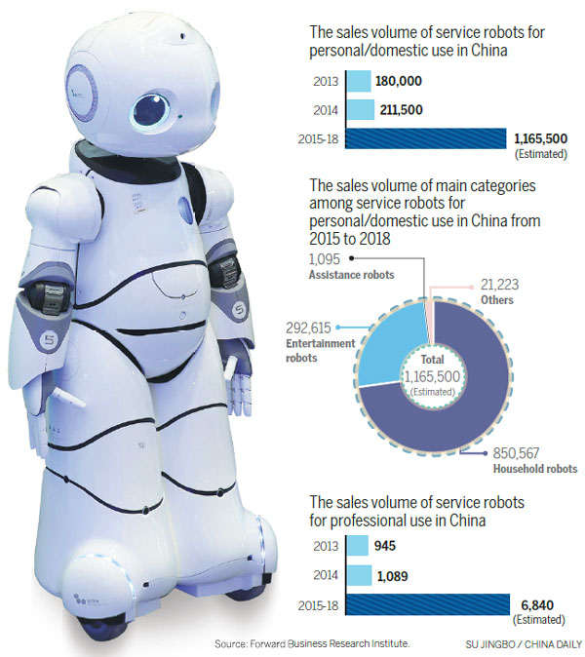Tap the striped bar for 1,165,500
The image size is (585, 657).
coord(425,138)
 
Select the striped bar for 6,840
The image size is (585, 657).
coord(425,606)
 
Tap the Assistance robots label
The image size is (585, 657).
coord(352,275)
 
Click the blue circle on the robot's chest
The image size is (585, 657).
coord(186,208)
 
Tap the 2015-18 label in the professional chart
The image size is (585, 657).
coord(319,606)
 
